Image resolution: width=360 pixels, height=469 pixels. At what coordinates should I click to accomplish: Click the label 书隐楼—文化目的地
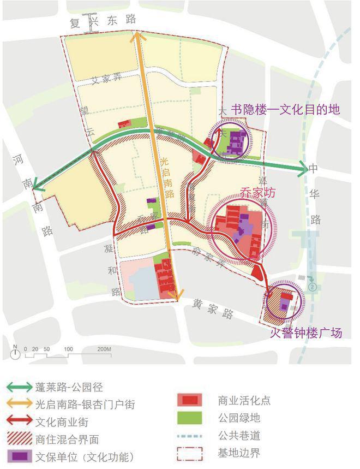285,109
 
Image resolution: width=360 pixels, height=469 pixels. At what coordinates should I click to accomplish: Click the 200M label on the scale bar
104,349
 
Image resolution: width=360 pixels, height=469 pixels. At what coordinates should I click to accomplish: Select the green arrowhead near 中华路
303,169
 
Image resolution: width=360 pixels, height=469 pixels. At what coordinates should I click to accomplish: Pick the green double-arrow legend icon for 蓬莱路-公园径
21,388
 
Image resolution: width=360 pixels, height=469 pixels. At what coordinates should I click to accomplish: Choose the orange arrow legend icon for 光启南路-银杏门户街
21,405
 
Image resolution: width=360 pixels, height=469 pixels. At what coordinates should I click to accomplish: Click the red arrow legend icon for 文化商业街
21,422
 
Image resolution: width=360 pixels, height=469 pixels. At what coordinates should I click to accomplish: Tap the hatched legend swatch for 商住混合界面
21,439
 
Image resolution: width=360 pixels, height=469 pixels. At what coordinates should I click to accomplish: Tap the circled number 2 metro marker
313,286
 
